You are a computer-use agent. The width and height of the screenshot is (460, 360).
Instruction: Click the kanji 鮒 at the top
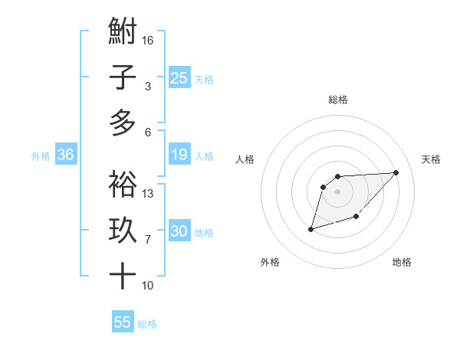(123, 33)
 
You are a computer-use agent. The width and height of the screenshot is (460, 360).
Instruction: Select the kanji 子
(123, 78)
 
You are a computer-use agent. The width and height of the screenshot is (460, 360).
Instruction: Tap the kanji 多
(123, 122)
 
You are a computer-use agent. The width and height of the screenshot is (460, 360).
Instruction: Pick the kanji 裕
(123, 184)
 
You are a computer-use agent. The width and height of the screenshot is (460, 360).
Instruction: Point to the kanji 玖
(123, 231)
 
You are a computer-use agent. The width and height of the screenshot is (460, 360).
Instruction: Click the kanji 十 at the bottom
(123, 275)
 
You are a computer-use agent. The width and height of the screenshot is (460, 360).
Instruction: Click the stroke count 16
(148, 40)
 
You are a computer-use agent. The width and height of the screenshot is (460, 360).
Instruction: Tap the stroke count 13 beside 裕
(148, 193)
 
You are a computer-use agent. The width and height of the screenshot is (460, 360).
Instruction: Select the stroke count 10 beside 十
(148, 286)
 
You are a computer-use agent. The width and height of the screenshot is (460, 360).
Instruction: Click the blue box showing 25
(179, 77)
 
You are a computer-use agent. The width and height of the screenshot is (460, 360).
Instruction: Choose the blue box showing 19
(179, 155)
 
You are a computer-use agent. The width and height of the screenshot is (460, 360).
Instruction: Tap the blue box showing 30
(179, 232)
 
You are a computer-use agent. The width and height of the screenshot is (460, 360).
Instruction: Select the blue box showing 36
(65, 155)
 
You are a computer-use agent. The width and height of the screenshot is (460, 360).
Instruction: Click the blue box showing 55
(123, 322)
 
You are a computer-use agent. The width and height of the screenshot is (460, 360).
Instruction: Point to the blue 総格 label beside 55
(147, 324)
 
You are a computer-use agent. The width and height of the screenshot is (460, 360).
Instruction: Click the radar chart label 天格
(431, 159)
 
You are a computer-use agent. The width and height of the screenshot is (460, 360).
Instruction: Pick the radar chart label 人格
(245, 159)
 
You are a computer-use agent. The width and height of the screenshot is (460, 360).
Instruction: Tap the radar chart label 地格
(402, 262)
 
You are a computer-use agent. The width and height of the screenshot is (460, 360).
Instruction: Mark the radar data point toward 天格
(396, 172)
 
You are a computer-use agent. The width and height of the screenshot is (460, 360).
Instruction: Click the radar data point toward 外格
(310, 229)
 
